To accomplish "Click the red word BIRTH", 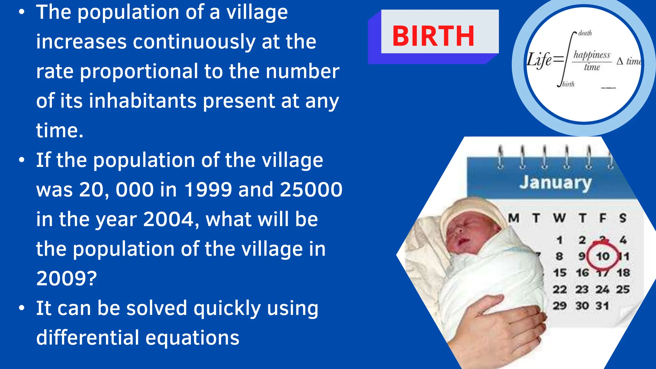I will [433, 36].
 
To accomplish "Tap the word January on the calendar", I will [555, 183].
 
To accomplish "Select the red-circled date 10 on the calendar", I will [603, 256].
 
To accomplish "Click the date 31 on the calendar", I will [602, 306].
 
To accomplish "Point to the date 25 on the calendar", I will [623, 290].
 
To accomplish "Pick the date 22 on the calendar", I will [560, 290].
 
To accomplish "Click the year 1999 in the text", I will [208, 190].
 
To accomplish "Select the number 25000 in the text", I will [311, 190].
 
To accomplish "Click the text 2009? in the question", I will [66, 278].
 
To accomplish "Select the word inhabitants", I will [143, 101].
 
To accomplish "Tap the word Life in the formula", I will [539, 60].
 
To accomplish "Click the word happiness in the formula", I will [592, 55].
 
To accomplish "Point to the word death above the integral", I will [585, 33].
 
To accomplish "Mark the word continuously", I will [194, 42].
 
